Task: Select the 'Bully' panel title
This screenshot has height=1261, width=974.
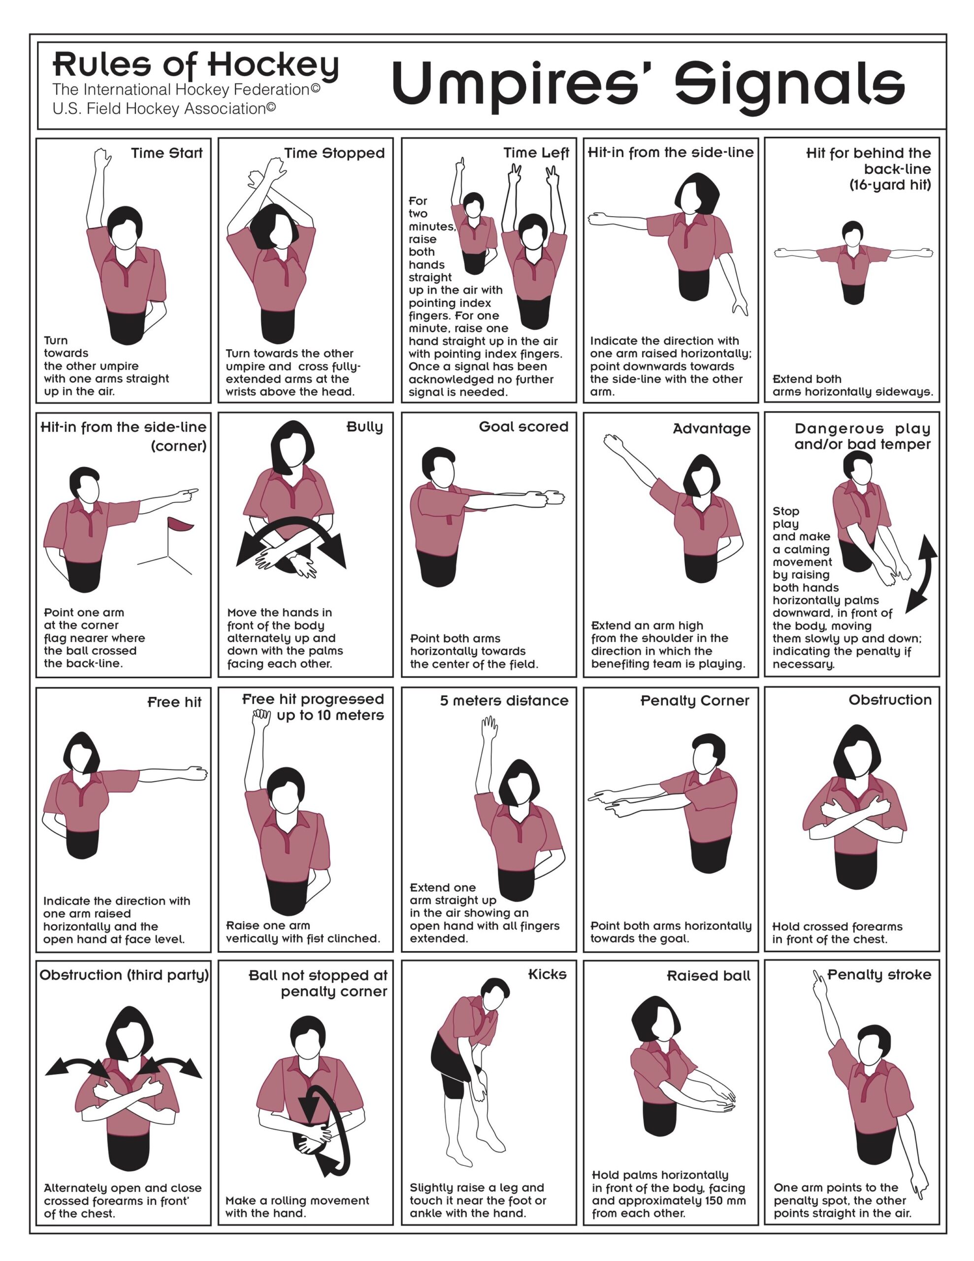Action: [364, 427]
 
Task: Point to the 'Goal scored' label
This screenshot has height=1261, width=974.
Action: [523, 427]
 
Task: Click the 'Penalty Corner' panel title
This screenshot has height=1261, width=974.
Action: [695, 701]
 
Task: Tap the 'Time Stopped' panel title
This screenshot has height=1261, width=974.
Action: [334, 153]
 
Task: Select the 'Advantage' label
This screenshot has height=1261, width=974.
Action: [712, 429]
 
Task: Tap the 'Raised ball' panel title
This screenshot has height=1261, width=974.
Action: [709, 976]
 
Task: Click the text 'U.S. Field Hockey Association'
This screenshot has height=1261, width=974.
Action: [164, 108]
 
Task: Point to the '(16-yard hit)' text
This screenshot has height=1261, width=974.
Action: [890, 185]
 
